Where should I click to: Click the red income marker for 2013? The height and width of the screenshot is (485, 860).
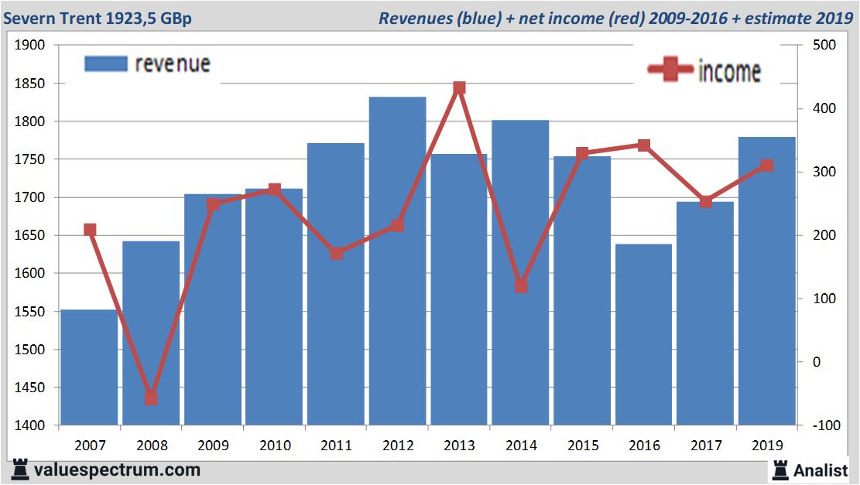coord(459,88)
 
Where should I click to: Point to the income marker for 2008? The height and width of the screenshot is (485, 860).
coord(151,398)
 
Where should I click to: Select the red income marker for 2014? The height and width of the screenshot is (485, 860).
coord(521,286)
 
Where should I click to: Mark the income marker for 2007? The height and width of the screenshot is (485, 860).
coord(90,230)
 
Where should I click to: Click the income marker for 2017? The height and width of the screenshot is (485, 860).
coord(705,202)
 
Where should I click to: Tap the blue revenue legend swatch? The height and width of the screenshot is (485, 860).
coord(105,63)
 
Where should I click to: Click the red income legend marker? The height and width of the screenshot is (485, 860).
coord(670,70)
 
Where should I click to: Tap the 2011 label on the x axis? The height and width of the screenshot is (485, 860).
coord(336,446)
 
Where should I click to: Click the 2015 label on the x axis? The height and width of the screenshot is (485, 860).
coord(582,446)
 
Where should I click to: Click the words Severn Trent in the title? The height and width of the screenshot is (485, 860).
coord(51,17)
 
